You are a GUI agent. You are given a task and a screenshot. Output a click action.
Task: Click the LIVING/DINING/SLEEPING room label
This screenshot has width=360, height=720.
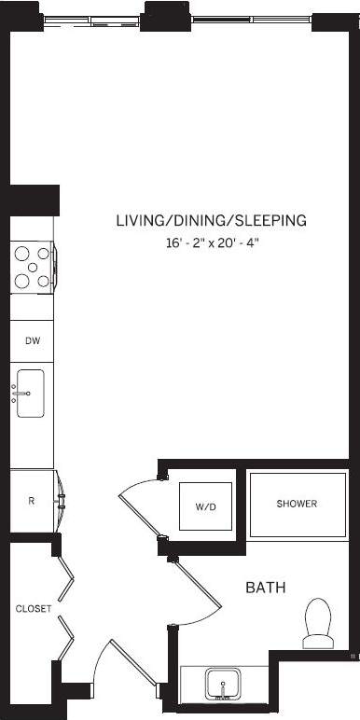(211, 221)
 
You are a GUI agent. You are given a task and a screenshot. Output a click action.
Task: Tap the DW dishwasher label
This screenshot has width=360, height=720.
(32, 342)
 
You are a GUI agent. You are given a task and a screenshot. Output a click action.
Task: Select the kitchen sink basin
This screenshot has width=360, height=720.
(31, 394)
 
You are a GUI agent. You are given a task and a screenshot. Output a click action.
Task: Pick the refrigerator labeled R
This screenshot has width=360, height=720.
(31, 501)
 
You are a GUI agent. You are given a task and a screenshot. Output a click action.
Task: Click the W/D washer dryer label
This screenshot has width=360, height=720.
(205, 507)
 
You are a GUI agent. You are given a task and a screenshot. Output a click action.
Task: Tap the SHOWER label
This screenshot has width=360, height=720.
(297, 504)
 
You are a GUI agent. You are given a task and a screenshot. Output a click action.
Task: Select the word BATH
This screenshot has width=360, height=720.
(265, 588)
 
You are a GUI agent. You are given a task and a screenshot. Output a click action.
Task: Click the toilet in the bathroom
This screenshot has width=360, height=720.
(320, 621)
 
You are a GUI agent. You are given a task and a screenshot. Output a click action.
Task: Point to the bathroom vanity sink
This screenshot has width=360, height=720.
(222, 684)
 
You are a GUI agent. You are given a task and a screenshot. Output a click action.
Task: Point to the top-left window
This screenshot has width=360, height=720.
(93, 15)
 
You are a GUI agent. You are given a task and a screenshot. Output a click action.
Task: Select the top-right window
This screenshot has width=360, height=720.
(252, 15)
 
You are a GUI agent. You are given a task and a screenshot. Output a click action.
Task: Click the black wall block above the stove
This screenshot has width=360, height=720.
(34, 200)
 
